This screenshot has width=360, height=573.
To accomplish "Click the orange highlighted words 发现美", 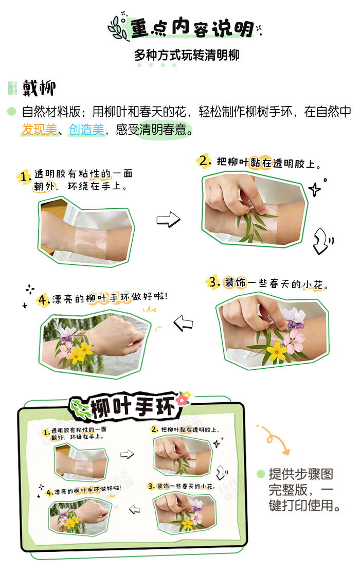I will click(39, 130).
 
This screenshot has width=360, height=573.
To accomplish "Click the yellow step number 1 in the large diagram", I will click(24, 176).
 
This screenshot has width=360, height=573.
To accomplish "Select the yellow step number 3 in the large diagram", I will click(213, 283).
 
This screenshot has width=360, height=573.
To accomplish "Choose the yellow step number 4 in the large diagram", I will click(44, 300).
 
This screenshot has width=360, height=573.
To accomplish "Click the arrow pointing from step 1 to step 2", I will click(168, 220).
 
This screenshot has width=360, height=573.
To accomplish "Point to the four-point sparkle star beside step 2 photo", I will click(314, 190).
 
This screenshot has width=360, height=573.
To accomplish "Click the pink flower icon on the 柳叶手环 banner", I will click(183, 398).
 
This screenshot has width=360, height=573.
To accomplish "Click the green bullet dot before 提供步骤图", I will click(261, 474).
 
